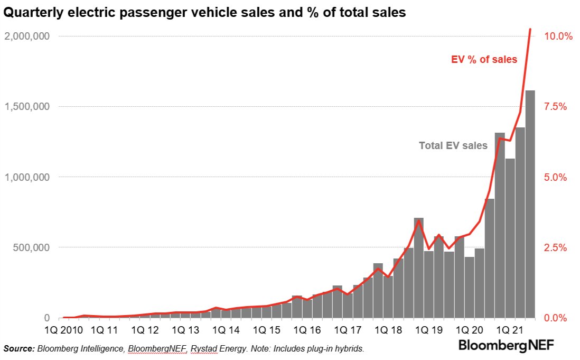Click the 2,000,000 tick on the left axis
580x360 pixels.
(x=29, y=36)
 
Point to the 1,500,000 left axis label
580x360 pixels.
(x=29, y=107)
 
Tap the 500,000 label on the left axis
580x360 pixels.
(x=33, y=247)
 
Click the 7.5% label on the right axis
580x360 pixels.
(x=555, y=107)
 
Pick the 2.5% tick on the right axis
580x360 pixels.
(x=555, y=247)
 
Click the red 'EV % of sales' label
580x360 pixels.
(x=484, y=60)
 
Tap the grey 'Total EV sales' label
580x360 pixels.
(x=453, y=145)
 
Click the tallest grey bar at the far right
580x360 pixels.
(x=530, y=206)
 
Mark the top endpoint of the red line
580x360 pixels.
(x=530, y=29)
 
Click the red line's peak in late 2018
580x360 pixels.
(x=418, y=220)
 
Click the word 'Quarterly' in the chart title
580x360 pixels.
(x=31, y=13)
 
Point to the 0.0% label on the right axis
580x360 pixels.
(x=555, y=318)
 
